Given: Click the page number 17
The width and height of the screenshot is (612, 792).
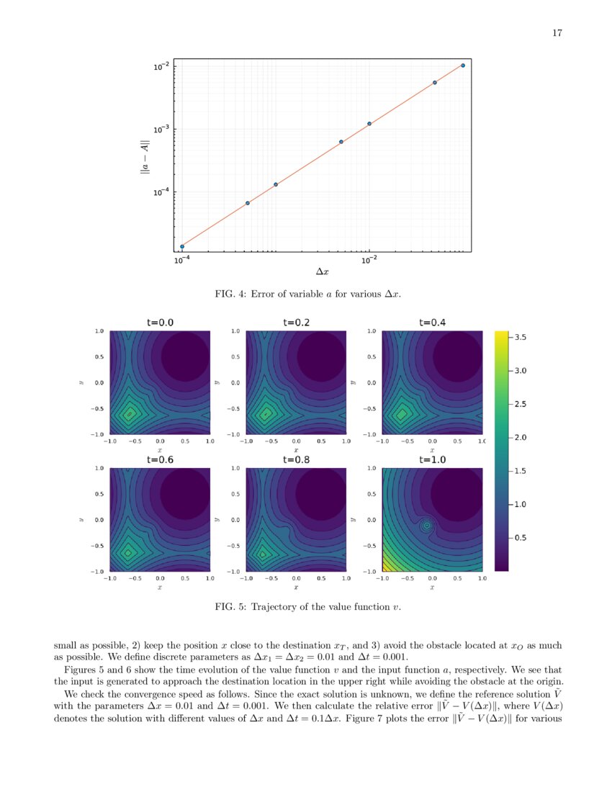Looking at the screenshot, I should click(x=557, y=33).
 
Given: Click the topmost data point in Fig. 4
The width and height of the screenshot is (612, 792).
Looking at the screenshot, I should click(x=462, y=66).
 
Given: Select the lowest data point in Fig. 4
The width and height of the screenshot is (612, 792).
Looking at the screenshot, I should click(x=181, y=246).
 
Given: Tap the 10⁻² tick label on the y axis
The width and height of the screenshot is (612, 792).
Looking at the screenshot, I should click(x=162, y=67).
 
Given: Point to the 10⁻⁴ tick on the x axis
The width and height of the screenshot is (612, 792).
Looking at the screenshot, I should click(x=181, y=260).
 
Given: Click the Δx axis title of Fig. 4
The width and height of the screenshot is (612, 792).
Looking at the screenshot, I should click(x=323, y=272).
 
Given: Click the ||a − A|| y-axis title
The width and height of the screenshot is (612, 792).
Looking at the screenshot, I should click(x=144, y=156).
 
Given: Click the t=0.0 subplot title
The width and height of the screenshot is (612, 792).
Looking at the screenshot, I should click(x=160, y=323).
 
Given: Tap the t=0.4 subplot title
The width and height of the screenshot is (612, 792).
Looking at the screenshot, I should click(x=432, y=323).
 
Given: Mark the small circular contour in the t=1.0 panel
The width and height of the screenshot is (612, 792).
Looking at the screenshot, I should click(x=427, y=526).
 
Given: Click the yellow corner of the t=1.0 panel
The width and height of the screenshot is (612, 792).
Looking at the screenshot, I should click(x=386, y=567).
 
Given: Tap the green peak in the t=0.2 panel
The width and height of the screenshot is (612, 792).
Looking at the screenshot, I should click(x=266, y=413).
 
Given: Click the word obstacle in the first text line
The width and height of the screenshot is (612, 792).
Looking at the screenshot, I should click(x=474, y=646).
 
